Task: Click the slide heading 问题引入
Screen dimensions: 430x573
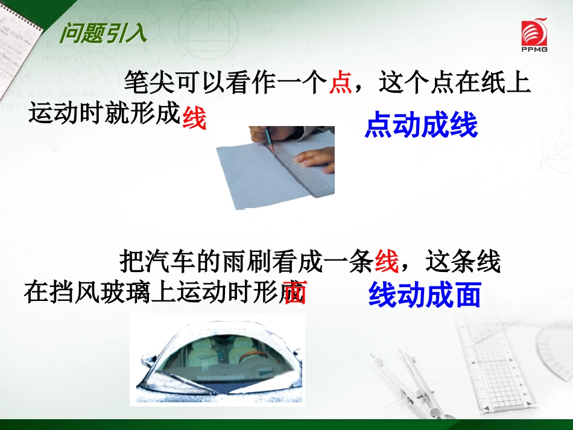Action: click(x=103, y=33)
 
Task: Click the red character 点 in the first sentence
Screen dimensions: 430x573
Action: click(x=341, y=83)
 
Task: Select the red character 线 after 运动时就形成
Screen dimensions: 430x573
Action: click(x=194, y=118)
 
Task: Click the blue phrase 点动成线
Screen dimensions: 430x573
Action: click(x=421, y=125)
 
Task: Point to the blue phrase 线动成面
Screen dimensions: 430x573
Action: click(x=425, y=295)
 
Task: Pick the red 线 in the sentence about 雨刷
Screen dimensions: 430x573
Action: click(x=387, y=262)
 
